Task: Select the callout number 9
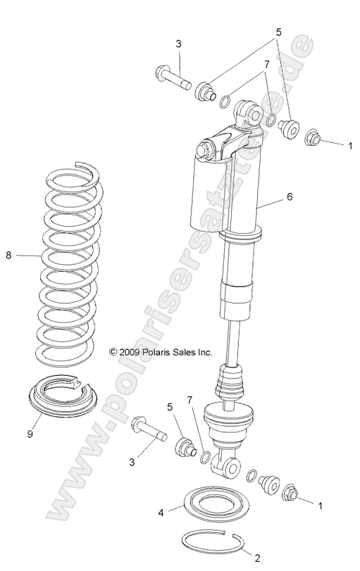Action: click(x=30, y=434)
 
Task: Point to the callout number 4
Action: click(x=161, y=513)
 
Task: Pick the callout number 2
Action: click(x=257, y=558)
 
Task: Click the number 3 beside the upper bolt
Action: click(x=178, y=44)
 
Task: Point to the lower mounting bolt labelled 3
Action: click(x=147, y=427)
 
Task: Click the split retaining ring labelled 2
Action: click(x=214, y=543)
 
